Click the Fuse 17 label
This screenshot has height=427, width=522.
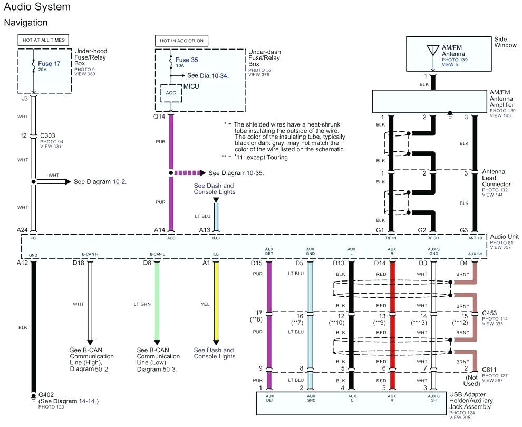pyautogui.click(x=49, y=63)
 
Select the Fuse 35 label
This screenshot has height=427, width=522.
pyautogui.click(x=187, y=60)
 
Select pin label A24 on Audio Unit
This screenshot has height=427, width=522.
pyautogui.click(x=22, y=230)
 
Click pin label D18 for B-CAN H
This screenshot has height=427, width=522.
pyautogui.click(x=78, y=263)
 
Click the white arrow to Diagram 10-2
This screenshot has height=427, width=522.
pyautogui.click(x=53, y=181)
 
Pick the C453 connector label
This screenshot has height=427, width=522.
pyautogui.click(x=490, y=313)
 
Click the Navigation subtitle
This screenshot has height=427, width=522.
pyautogui.click(x=26, y=23)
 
